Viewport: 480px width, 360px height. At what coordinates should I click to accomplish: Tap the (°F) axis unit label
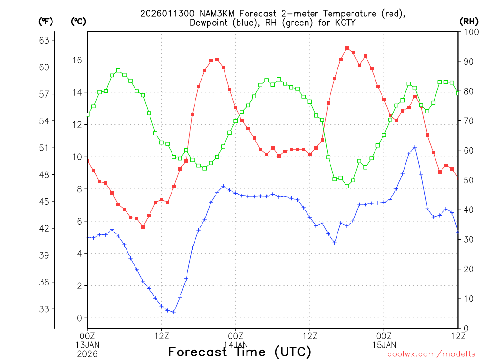pyautogui.click(x=46, y=22)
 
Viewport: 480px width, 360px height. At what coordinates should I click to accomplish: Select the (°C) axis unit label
pyautogui.click(x=78, y=22)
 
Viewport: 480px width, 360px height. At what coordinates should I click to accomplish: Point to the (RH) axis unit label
pyautogui.click(x=469, y=22)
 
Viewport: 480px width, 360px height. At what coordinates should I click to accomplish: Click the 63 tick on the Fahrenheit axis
pyautogui.click(x=44, y=40)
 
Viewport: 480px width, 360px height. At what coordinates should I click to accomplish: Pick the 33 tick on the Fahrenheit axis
pyautogui.click(x=44, y=309)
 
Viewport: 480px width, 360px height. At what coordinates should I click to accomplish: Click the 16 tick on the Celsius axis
pyautogui.click(x=77, y=60)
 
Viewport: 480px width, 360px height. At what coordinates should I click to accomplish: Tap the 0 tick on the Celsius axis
pyautogui.click(x=79, y=318)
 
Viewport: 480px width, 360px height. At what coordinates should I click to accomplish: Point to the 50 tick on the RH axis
pyautogui.click(x=467, y=180)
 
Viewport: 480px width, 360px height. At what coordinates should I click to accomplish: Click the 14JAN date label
pyautogui.click(x=235, y=345)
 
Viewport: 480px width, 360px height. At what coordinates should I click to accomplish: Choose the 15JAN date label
pyautogui.click(x=384, y=345)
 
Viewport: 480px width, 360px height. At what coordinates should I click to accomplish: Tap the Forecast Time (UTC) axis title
pyautogui.click(x=240, y=352)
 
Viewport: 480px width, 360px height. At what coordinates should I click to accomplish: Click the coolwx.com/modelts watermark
pyautogui.click(x=431, y=354)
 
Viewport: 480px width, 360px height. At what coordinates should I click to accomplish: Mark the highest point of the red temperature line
pyautogui.click(x=347, y=48)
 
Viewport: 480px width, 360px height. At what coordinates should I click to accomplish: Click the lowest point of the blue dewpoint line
pyautogui.click(x=174, y=312)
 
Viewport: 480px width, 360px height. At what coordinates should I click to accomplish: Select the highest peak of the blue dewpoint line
pyautogui.click(x=415, y=147)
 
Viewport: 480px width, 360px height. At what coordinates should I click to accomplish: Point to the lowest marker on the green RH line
pyautogui.click(x=347, y=186)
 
